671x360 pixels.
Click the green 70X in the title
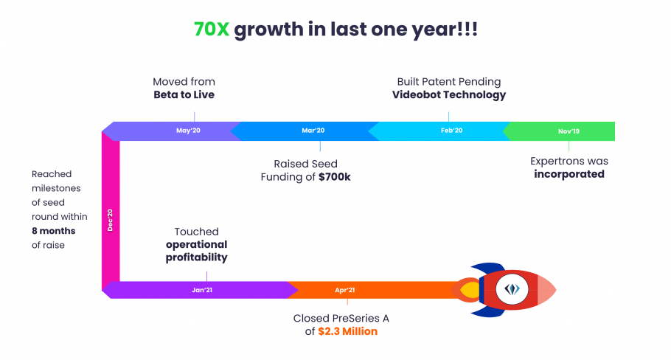[x=212, y=30]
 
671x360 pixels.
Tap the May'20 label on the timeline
[x=188, y=131]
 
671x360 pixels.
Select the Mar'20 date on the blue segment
[x=313, y=131]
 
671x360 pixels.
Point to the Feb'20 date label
[x=452, y=131]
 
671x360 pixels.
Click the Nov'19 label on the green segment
[x=569, y=131]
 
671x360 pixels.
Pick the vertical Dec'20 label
[x=110, y=220]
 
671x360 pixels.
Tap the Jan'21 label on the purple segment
[x=202, y=290]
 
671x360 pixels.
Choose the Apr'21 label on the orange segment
[x=345, y=290]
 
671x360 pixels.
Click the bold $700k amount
[x=334, y=177]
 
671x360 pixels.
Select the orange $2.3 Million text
[x=347, y=331]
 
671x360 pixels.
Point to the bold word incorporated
[x=569, y=174]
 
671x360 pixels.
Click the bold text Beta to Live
[x=184, y=94]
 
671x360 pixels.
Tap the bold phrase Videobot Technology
[x=449, y=94]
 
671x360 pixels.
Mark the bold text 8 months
[x=54, y=231]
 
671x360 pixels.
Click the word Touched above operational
[x=196, y=232]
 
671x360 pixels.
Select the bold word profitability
[x=196, y=257]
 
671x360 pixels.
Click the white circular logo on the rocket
[x=512, y=289]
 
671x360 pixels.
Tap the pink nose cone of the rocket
[x=546, y=290]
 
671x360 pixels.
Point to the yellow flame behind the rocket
[x=470, y=290]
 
